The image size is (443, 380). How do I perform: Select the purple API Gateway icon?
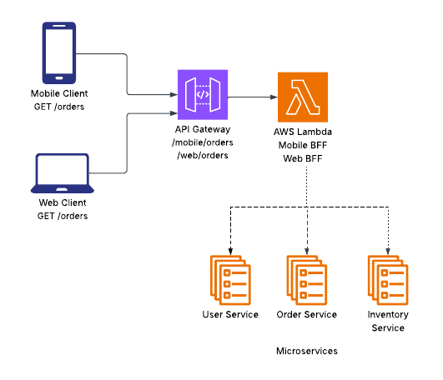point(203,94)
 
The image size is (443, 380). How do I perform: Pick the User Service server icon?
point(230,279)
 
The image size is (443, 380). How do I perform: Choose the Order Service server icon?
point(309,279)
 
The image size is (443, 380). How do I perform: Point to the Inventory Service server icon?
point(389,279)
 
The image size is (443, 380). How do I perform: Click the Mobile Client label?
point(59,93)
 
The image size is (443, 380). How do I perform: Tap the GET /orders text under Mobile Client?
point(59,107)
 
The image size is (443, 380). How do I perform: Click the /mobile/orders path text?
point(203,142)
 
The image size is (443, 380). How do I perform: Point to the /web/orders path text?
point(203,155)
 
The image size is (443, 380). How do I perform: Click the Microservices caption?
point(307,352)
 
